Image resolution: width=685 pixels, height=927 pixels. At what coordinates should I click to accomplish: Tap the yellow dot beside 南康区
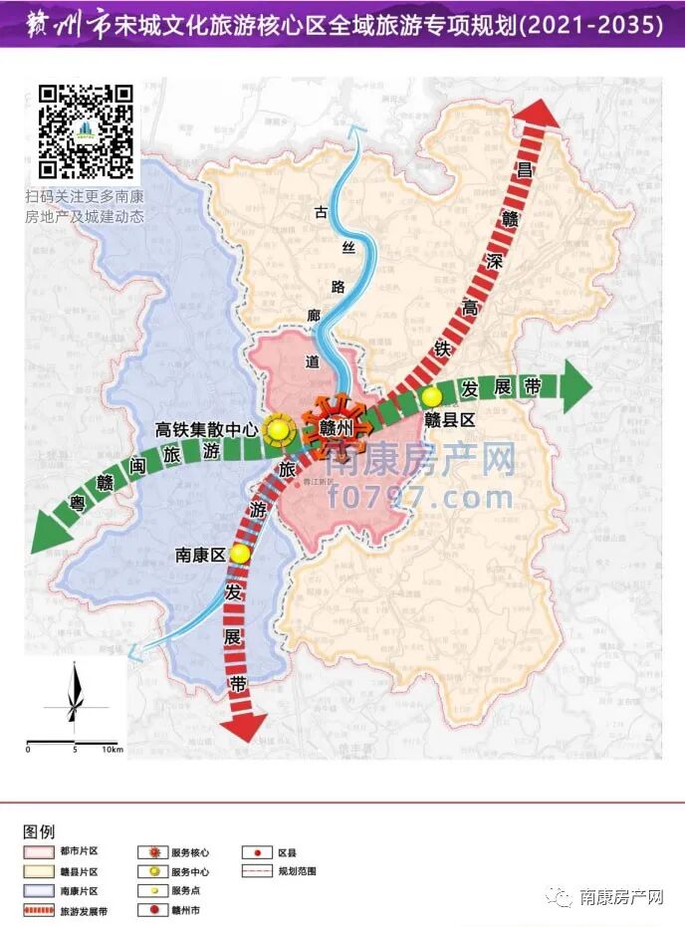click(x=239, y=554)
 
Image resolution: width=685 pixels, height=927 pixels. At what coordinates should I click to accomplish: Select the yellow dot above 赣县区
click(x=431, y=395)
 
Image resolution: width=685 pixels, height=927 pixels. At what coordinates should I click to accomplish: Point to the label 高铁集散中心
click(x=207, y=430)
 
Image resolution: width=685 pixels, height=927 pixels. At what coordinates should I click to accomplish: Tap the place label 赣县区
click(x=451, y=420)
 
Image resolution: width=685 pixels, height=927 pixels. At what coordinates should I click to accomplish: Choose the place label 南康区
click(x=201, y=556)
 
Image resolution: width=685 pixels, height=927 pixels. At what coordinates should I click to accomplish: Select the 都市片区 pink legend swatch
click(x=38, y=852)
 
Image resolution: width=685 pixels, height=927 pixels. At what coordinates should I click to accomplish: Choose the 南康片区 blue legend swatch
click(x=38, y=890)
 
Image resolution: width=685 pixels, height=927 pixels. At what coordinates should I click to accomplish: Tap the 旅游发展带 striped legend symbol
click(x=38, y=910)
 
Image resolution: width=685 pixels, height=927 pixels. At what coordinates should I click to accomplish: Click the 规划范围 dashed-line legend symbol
click(x=257, y=871)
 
